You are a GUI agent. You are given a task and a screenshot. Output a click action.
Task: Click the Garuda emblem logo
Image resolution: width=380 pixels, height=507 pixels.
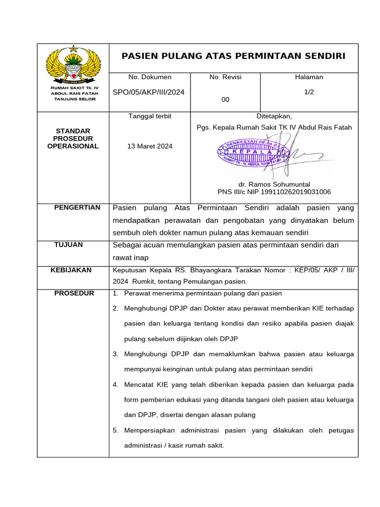click(73, 65)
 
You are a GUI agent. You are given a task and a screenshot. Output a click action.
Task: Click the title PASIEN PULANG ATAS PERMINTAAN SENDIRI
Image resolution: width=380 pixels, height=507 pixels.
click(234, 56)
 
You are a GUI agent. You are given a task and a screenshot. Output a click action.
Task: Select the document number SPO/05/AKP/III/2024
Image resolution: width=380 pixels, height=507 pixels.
click(149, 92)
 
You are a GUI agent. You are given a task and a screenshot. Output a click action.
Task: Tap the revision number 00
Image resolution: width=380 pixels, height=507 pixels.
click(225, 100)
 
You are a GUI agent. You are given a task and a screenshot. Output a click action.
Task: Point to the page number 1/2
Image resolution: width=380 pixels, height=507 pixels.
click(309, 92)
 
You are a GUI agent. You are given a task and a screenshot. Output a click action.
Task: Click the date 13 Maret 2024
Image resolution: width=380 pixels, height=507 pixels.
click(150, 146)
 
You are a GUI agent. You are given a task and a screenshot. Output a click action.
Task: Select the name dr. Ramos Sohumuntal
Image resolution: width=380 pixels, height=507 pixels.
click(274, 184)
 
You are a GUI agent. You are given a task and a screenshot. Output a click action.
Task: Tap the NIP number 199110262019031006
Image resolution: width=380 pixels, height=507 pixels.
click(297, 192)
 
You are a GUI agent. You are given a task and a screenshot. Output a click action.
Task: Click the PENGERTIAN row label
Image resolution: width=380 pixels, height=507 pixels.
click(77, 207)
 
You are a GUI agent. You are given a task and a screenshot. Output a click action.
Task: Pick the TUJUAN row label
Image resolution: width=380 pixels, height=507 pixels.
click(69, 245)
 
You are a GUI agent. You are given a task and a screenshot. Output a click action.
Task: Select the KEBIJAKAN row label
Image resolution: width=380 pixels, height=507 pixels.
click(71, 270)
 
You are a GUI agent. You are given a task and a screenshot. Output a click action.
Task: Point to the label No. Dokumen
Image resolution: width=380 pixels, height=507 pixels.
click(149, 77)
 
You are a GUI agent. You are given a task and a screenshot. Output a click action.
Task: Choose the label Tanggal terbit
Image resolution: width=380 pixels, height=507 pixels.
click(150, 116)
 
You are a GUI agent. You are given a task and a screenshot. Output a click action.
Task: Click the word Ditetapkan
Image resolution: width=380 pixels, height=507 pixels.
click(274, 116)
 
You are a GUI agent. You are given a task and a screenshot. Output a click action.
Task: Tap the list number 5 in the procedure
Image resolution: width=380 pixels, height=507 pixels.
click(115, 430)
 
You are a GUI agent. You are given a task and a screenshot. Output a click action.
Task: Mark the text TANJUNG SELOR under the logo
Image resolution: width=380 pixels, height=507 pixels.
click(74, 99)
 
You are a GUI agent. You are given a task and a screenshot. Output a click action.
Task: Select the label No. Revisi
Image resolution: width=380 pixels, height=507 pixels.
click(225, 77)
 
